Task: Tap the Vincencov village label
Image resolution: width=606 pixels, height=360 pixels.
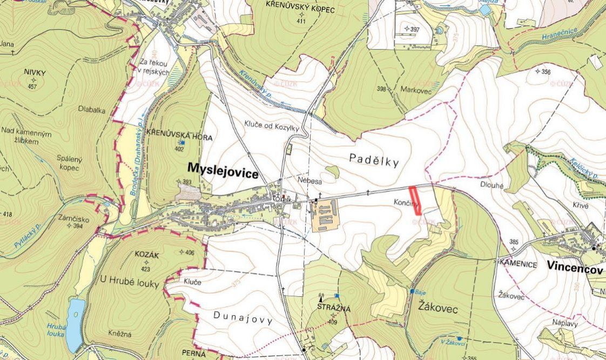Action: click(574, 265)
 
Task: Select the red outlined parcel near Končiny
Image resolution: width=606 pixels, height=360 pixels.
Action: click(415, 201)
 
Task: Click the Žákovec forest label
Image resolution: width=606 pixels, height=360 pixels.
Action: click(438, 309)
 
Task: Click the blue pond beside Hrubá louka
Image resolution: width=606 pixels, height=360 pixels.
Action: click(75, 325)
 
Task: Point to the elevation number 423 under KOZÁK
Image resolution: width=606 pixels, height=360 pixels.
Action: click(145, 268)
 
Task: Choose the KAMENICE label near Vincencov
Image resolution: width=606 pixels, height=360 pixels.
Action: click(518, 264)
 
